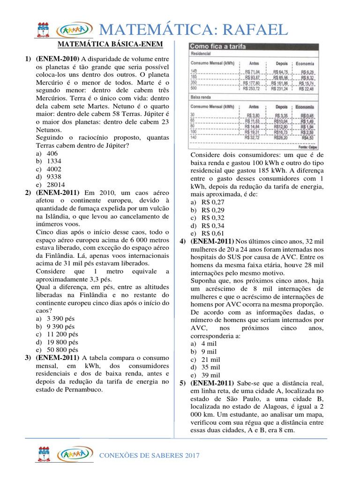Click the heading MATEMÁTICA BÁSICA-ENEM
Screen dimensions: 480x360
110,45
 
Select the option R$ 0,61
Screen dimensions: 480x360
213,233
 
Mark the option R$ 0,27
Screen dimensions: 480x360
213,202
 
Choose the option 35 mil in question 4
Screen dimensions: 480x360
210,367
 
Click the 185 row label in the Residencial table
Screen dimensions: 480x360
194,76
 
